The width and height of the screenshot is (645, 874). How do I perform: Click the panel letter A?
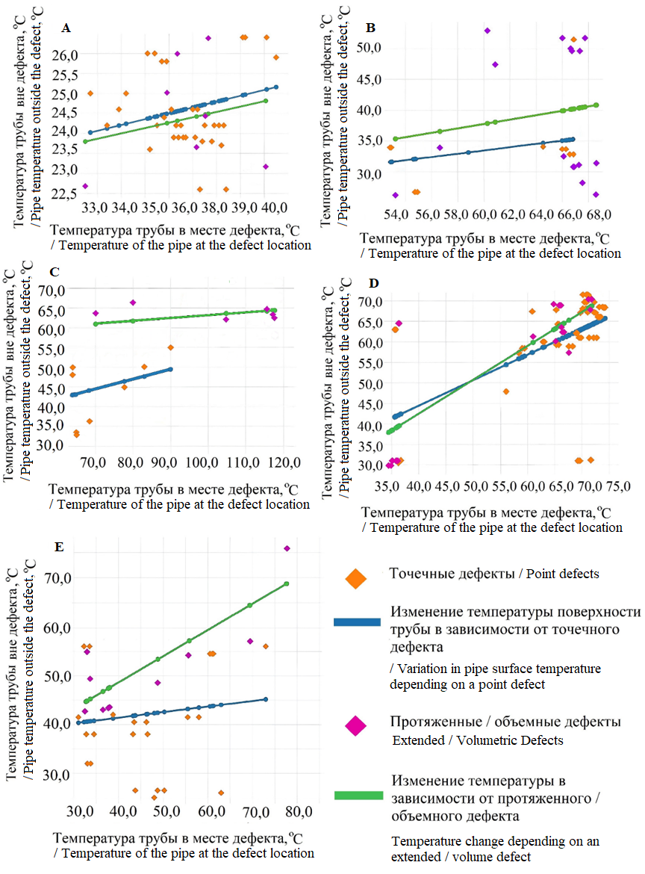click(x=66, y=28)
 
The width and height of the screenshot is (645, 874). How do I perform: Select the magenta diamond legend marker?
click(x=355, y=725)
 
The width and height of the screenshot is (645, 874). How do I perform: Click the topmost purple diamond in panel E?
click(x=287, y=549)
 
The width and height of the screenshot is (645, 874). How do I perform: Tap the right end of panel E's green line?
click(x=287, y=583)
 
